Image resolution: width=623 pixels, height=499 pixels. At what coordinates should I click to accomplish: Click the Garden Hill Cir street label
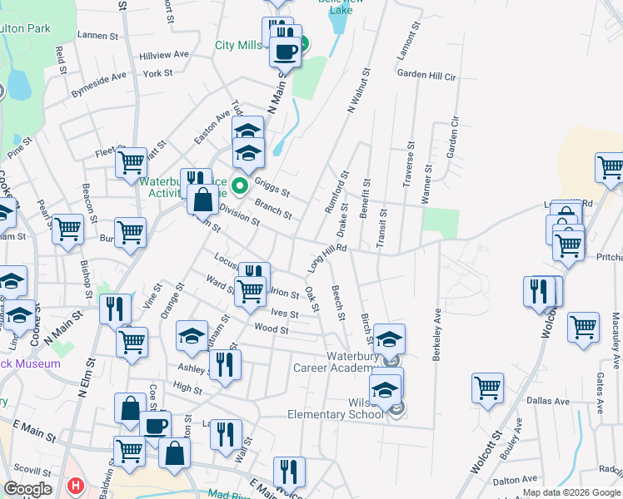click(x=426, y=75)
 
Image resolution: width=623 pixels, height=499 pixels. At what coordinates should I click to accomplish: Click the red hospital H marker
click(x=76, y=485)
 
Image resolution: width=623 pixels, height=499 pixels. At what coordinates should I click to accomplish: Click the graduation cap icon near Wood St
click(x=192, y=335)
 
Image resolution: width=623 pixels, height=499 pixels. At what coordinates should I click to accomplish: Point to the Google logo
click(x=27, y=488)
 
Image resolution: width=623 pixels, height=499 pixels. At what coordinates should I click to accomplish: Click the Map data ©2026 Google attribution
click(x=571, y=492)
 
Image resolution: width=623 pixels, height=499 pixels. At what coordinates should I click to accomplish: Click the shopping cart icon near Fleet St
click(x=131, y=163)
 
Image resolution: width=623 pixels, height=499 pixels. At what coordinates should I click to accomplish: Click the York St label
click(x=157, y=73)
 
